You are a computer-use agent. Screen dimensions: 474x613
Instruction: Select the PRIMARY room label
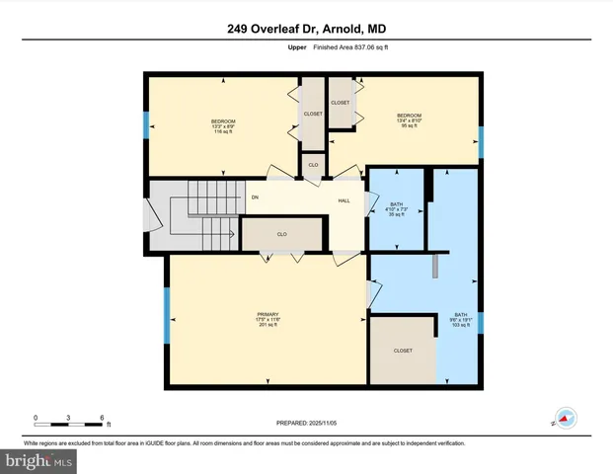pyautogui.click(x=268, y=315)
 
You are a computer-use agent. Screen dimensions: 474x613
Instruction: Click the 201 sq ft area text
pyautogui.click(x=268, y=325)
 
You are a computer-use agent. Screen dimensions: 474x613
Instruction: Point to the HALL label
pyautogui.click(x=345, y=199)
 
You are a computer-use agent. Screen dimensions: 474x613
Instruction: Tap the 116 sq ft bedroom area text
pyautogui.click(x=222, y=131)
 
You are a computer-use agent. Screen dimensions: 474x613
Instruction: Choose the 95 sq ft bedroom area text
pyautogui.click(x=409, y=126)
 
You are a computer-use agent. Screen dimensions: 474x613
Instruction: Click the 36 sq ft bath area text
pyautogui.click(x=396, y=213)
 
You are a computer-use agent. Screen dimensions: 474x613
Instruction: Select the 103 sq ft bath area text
pyautogui.click(x=460, y=325)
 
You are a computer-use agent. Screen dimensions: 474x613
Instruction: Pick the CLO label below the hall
pyautogui.click(x=281, y=234)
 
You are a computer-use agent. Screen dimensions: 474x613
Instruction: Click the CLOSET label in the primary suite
pyautogui.click(x=402, y=351)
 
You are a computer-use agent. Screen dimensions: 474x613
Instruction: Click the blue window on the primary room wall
pyautogui.click(x=166, y=326)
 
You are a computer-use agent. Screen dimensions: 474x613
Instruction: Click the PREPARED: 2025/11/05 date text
pyautogui.click(x=307, y=423)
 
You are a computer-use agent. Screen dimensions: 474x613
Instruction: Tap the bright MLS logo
pyautogui.click(x=39, y=461)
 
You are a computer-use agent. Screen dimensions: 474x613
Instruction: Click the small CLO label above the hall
pyautogui.click(x=313, y=165)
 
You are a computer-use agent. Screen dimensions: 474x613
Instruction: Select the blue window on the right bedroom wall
pyautogui.click(x=481, y=141)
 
